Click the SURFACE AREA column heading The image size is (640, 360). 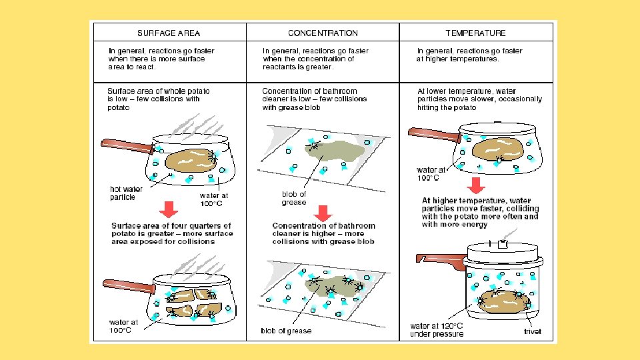tap(169, 33)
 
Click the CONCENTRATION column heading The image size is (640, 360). tap(323, 33)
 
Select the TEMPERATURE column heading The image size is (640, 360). tap(475, 33)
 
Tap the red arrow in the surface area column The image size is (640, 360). tap(169, 209)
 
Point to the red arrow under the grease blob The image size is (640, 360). tap(323, 213)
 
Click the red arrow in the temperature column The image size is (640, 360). tap(475, 185)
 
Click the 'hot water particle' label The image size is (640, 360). tap(127, 193)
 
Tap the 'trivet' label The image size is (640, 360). tap(532, 331)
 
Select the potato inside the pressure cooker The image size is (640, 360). tap(504, 300)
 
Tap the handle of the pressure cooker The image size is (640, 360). tap(437, 262)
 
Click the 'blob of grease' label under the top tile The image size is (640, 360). tap(294, 198)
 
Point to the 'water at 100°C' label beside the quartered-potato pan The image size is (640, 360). tap(125, 327)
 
